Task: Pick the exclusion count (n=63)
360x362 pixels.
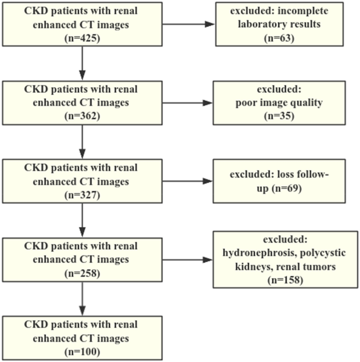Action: tap(279, 38)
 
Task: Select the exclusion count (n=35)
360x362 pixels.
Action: tap(279, 116)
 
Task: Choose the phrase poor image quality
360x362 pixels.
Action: tap(279, 103)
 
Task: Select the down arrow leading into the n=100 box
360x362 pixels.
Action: tap(82, 298)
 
